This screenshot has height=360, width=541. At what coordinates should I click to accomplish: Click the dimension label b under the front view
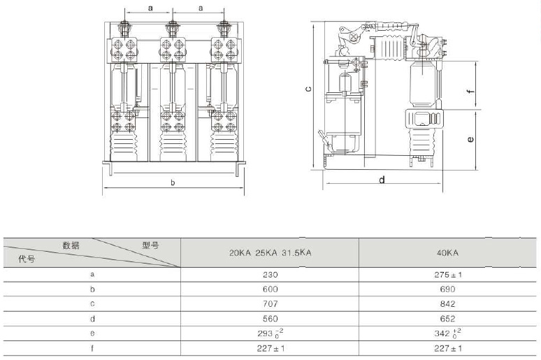[x=173, y=182]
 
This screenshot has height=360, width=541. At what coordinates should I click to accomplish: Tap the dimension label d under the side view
[x=382, y=180]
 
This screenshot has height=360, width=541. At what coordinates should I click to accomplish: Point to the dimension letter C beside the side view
[x=308, y=89]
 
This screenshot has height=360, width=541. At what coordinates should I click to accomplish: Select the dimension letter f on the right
[x=470, y=92]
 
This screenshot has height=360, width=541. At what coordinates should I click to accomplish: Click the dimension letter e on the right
[x=470, y=139]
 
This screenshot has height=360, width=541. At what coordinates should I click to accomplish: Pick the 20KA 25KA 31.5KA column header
[x=270, y=252]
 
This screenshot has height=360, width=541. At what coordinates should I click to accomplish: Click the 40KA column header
[x=447, y=252]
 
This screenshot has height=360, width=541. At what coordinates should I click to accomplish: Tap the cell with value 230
[x=270, y=275]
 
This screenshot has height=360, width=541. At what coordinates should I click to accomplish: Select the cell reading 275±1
[x=448, y=275]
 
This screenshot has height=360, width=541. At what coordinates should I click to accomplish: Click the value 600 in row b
[x=270, y=289]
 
